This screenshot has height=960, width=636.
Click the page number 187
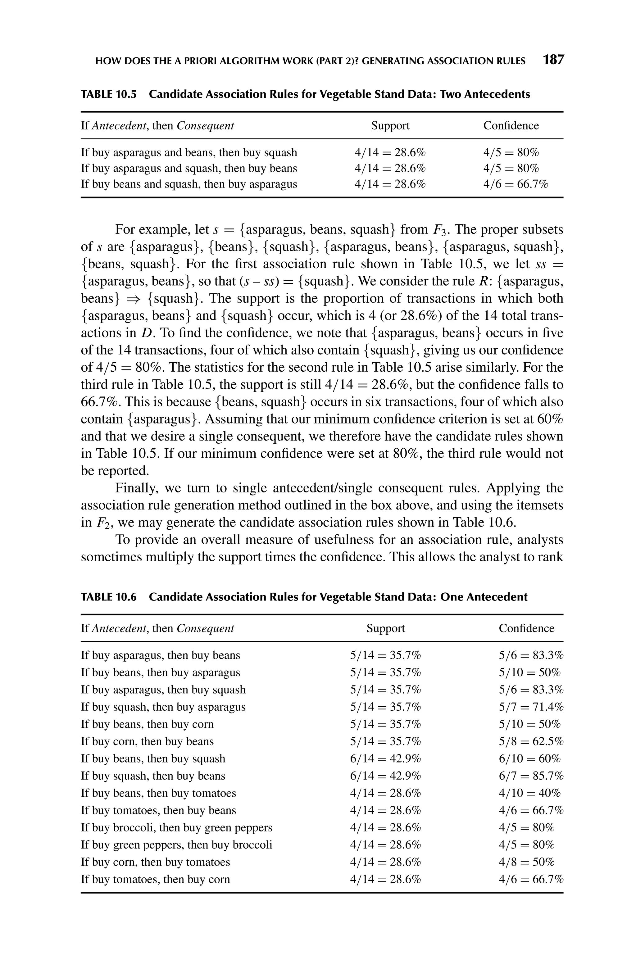coord(553,60)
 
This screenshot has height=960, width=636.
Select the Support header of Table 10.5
coord(390,126)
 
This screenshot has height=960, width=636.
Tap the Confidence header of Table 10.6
coord(526,628)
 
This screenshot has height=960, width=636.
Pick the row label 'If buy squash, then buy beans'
coord(152,776)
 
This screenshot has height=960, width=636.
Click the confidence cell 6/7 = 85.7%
coord(530,776)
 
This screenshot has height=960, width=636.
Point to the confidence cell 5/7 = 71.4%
coord(530,707)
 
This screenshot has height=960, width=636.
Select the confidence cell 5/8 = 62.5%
coord(530,741)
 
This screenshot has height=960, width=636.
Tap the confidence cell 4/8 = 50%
coord(526,862)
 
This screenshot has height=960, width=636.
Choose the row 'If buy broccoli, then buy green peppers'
coord(176,827)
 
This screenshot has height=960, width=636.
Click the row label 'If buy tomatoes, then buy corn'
coord(155,879)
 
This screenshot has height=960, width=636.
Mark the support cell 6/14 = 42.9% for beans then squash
coord(385,758)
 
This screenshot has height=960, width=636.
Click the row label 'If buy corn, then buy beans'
coord(147,741)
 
